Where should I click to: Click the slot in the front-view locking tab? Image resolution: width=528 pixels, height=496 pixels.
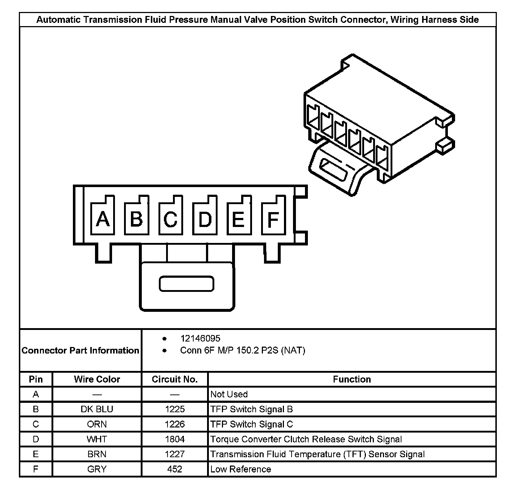(186, 284)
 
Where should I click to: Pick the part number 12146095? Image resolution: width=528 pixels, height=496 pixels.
(200, 339)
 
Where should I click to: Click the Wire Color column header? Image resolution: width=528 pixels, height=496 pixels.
(97, 379)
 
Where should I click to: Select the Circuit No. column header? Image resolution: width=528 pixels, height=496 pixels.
(174, 379)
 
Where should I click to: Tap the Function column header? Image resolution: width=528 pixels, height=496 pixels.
(352, 379)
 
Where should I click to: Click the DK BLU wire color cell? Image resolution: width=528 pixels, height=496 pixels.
(97, 409)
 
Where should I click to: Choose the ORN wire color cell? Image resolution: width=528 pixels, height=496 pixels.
(97, 424)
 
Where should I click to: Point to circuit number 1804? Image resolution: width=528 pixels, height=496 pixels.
(174, 439)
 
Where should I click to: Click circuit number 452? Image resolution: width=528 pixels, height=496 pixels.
(174, 469)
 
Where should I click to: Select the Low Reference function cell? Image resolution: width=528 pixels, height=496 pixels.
(241, 469)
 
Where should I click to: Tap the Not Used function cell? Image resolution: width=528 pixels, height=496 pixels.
(229, 394)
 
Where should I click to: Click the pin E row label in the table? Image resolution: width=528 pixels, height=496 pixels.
(36, 454)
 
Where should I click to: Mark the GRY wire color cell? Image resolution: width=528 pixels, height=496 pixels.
(97, 469)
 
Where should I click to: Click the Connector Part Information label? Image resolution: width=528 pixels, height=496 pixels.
(80, 351)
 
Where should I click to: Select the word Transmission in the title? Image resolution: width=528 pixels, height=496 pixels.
(113, 20)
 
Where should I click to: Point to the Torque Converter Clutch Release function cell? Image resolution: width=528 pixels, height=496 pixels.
(306, 439)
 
